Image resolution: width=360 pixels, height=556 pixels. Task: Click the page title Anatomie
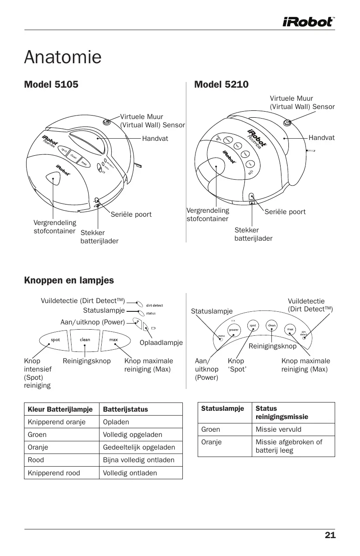click(x=63, y=57)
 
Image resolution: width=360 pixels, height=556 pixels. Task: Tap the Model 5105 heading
click(x=51, y=85)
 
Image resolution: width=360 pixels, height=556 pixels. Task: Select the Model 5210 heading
click(x=221, y=85)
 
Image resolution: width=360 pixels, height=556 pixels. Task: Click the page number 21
click(x=330, y=536)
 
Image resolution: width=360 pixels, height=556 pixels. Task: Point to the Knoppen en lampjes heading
click(x=69, y=280)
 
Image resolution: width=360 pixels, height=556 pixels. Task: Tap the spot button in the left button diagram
click(x=55, y=340)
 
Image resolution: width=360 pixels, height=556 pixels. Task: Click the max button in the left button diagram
click(x=113, y=340)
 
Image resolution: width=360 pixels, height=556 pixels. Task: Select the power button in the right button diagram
click(x=234, y=330)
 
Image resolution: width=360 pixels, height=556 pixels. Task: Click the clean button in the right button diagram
click(x=271, y=326)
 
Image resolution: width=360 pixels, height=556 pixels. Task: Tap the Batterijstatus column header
click(x=125, y=409)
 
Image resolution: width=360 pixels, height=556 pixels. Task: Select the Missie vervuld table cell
click(x=278, y=430)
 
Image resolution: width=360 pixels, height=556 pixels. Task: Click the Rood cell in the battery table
click(x=36, y=460)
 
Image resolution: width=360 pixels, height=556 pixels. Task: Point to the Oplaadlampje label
click(x=161, y=343)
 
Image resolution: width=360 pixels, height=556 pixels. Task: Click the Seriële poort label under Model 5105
click(x=131, y=215)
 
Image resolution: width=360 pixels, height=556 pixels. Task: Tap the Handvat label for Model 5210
click(x=322, y=138)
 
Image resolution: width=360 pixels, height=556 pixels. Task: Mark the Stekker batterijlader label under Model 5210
click(x=253, y=234)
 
